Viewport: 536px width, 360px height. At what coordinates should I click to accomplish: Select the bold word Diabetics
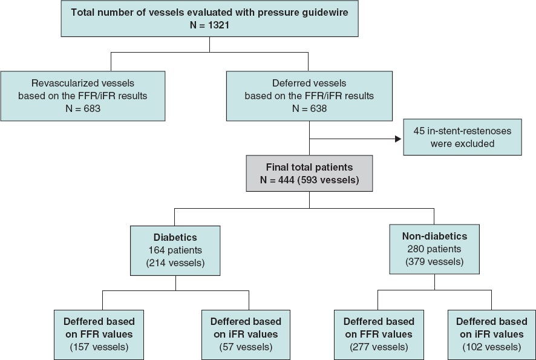coord(175,237)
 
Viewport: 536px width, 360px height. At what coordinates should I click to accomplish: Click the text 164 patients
coord(175,249)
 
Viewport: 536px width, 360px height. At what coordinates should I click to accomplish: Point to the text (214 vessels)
coord(175,262)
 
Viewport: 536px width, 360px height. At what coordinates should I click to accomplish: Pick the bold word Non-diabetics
coord(434,237)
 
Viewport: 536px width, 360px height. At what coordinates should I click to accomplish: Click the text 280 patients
coord(434,249)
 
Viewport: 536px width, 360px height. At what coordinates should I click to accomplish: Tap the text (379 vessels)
coord(434,262)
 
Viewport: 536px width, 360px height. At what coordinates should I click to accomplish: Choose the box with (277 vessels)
coord(379,333)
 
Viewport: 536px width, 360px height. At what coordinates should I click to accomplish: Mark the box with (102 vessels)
coord(491,333)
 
